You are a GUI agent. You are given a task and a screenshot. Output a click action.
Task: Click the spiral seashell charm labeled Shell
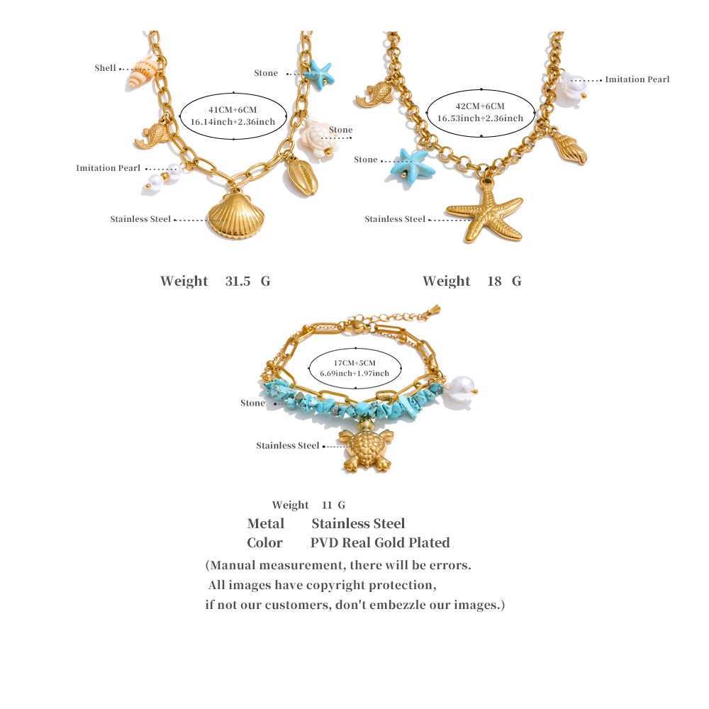(142, 72)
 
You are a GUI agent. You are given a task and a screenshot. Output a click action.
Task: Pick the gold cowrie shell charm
(303, 176)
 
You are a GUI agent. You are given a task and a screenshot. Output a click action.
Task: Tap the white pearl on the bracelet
(461, 392)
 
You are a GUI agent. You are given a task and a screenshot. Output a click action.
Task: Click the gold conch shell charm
(569, 147)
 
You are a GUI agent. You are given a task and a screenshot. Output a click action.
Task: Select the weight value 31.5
(238, 281)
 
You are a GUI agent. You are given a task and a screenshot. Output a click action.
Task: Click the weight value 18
(494, 281)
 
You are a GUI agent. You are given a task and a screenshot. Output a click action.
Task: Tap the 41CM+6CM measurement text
(233, 110)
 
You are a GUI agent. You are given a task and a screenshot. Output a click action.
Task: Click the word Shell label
(105, 68)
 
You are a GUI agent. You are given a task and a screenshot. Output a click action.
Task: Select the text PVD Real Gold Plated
(380, 542)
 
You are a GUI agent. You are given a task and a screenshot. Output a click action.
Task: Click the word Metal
(265, 523)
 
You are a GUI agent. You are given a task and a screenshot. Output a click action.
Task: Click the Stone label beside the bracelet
(252, 403)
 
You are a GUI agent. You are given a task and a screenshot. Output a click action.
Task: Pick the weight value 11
(327, 505)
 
